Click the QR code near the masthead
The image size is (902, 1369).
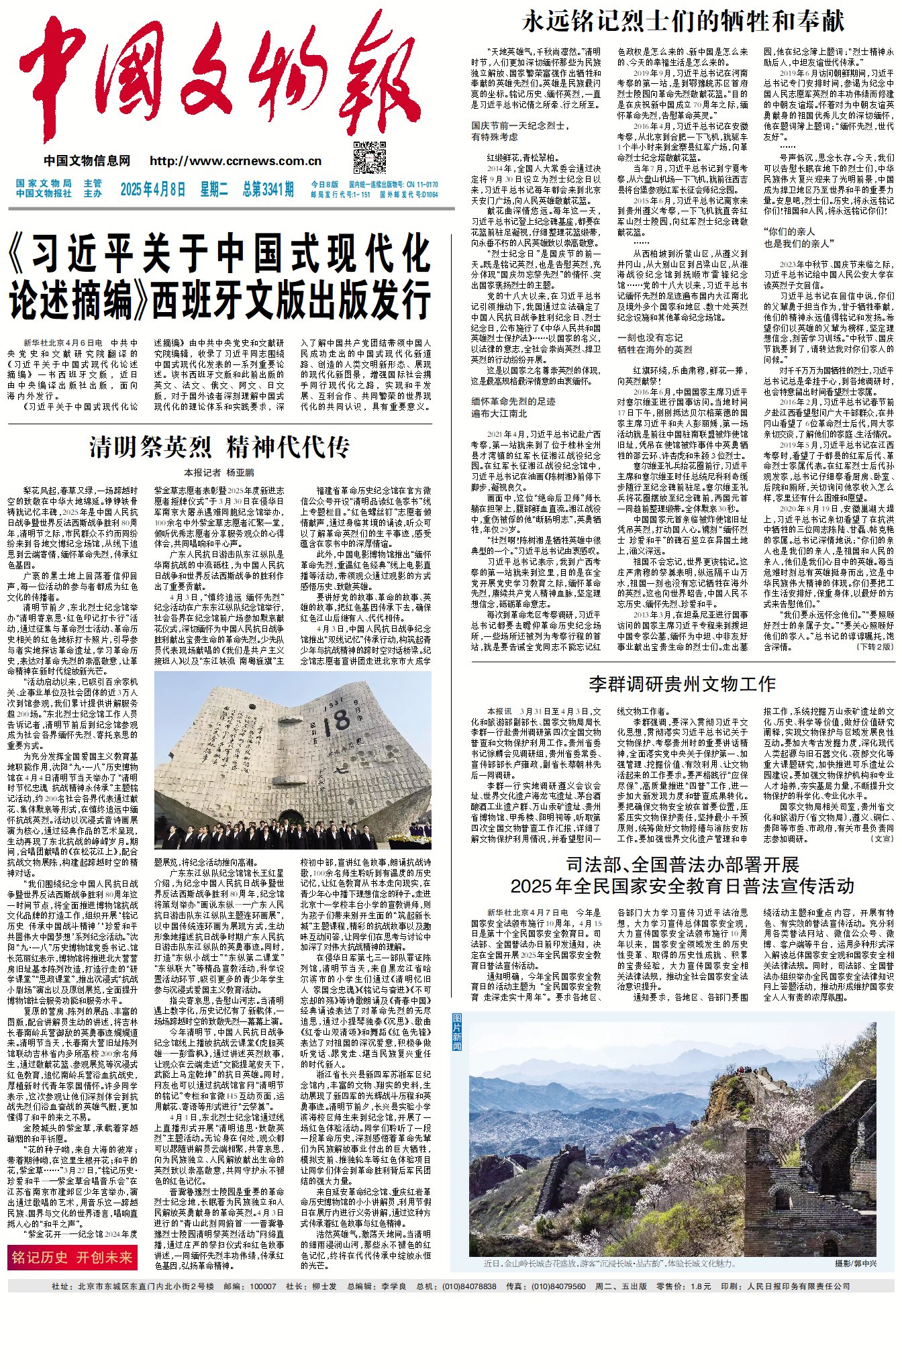point(370,158)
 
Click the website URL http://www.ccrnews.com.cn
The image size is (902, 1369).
point(236,161)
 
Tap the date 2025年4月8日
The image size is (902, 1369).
point(152,189)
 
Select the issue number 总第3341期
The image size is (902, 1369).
point(268,189)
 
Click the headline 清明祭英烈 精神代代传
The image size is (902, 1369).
point(219,447)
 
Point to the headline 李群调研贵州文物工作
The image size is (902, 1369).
point(682,684)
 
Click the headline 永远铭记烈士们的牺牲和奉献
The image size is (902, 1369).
point(683,21)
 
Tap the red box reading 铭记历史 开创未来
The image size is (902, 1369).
point(72,1258)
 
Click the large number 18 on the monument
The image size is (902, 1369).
point(341,721)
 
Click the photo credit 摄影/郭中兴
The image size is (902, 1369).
point(856,1263)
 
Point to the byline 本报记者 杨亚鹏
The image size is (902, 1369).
point(219,472)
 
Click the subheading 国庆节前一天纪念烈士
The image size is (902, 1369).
point(519,125)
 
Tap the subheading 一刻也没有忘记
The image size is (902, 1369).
point(650,338)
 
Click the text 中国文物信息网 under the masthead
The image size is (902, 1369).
point(87,161)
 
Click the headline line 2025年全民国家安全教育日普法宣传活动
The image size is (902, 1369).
point(682,886)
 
